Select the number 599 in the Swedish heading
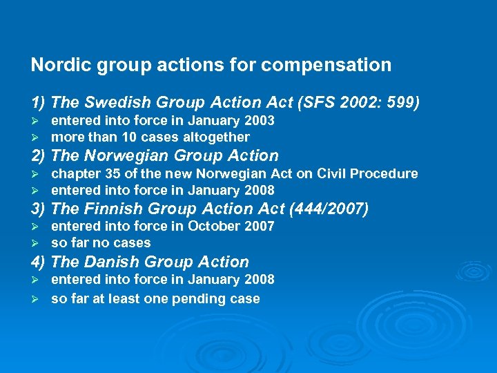click(x=400, y=102)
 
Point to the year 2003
click(x=259, y=121)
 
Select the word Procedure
click(x=384, y=173)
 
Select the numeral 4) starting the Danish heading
click(x=39, y=262)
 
